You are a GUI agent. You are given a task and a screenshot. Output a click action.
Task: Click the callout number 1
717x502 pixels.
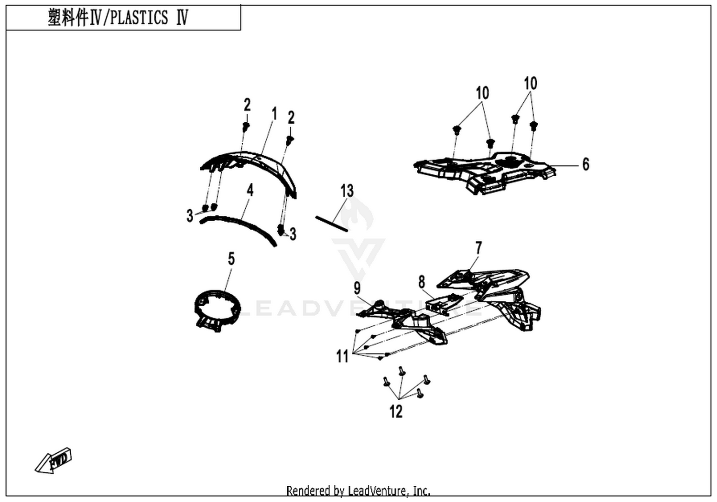point(274,114)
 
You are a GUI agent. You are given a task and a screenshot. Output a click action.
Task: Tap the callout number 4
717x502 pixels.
point(250,190)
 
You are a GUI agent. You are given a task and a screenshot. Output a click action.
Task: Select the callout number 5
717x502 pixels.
point(231,258)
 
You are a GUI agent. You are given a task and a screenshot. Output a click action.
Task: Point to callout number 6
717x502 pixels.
point(586,164)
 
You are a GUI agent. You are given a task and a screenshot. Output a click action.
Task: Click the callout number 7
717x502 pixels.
point(478,248)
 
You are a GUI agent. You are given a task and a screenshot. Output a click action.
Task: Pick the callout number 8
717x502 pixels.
point(422,282)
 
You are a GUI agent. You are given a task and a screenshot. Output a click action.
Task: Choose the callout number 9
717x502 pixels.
point(357,288)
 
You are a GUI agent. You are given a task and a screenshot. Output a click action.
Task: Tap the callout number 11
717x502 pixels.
point(342,356)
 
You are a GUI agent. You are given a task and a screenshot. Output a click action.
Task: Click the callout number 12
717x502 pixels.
point(396,412)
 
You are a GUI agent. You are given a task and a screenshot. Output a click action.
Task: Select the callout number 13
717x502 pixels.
point(347,191)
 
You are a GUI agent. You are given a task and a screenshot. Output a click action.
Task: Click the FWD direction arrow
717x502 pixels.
point(53,461)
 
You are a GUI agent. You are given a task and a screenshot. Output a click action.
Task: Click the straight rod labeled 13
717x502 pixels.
point(332,224)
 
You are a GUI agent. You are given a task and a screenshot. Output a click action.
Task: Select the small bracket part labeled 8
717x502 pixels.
point(444,304)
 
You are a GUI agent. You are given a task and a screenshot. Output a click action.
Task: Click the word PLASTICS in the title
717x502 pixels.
point(139,17)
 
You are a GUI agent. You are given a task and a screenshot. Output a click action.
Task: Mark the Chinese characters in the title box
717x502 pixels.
point(68,17)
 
